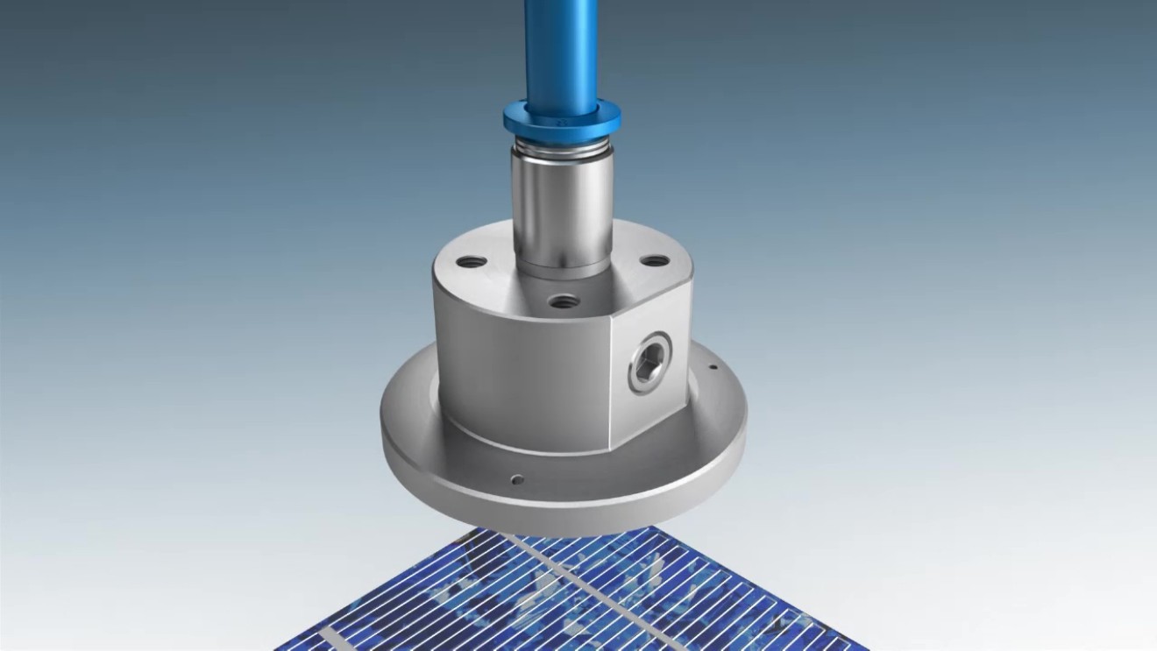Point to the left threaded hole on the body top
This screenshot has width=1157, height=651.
471,261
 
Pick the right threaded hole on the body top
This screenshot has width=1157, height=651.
653,260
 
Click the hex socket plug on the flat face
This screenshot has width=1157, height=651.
649,361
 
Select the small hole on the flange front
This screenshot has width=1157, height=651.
517,478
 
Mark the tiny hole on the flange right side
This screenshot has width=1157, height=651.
713,367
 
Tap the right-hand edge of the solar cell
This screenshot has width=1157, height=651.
789,605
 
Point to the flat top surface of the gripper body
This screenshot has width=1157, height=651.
491,280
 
